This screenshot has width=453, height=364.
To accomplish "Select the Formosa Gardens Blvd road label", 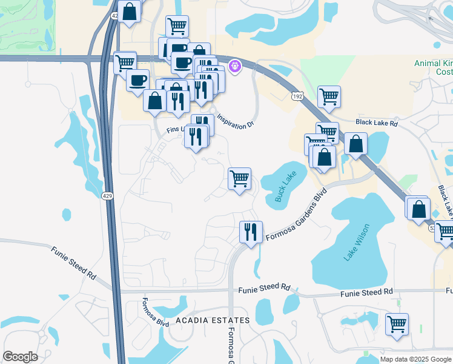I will point(296,215).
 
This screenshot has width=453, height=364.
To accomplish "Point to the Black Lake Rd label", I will point(377,123).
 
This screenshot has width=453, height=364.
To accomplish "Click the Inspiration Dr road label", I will point(235,122).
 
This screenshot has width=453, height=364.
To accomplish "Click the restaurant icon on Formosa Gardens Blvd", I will point(250,232).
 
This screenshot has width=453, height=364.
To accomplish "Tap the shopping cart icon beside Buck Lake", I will point(239,179).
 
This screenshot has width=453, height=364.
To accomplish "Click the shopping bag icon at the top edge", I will point(129,11).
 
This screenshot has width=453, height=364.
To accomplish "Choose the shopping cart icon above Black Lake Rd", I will point(329,96).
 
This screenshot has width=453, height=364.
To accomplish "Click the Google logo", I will point(20,357).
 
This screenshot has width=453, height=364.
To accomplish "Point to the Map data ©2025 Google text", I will point(416,359).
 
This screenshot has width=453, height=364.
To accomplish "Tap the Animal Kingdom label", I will point(433,63).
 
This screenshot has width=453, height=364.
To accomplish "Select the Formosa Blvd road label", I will point(147,312).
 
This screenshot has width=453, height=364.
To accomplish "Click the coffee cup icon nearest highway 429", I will point(137,81).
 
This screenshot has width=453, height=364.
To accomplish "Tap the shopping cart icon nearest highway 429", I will point(125,62).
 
